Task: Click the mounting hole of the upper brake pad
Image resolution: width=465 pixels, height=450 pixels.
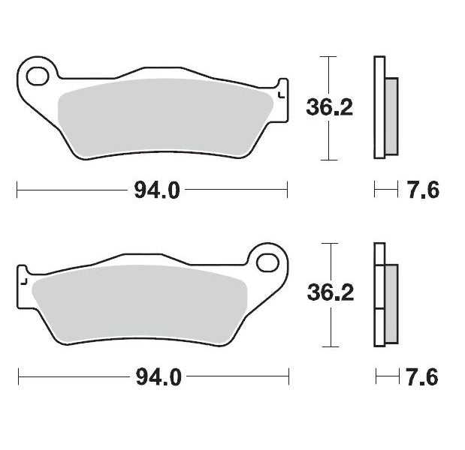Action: point(37,75)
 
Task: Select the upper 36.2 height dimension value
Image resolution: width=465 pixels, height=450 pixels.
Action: point(329,108)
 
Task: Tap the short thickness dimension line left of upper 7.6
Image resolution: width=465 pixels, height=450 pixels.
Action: point(385,191)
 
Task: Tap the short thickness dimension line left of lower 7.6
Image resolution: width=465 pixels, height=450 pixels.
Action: point(385,376)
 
